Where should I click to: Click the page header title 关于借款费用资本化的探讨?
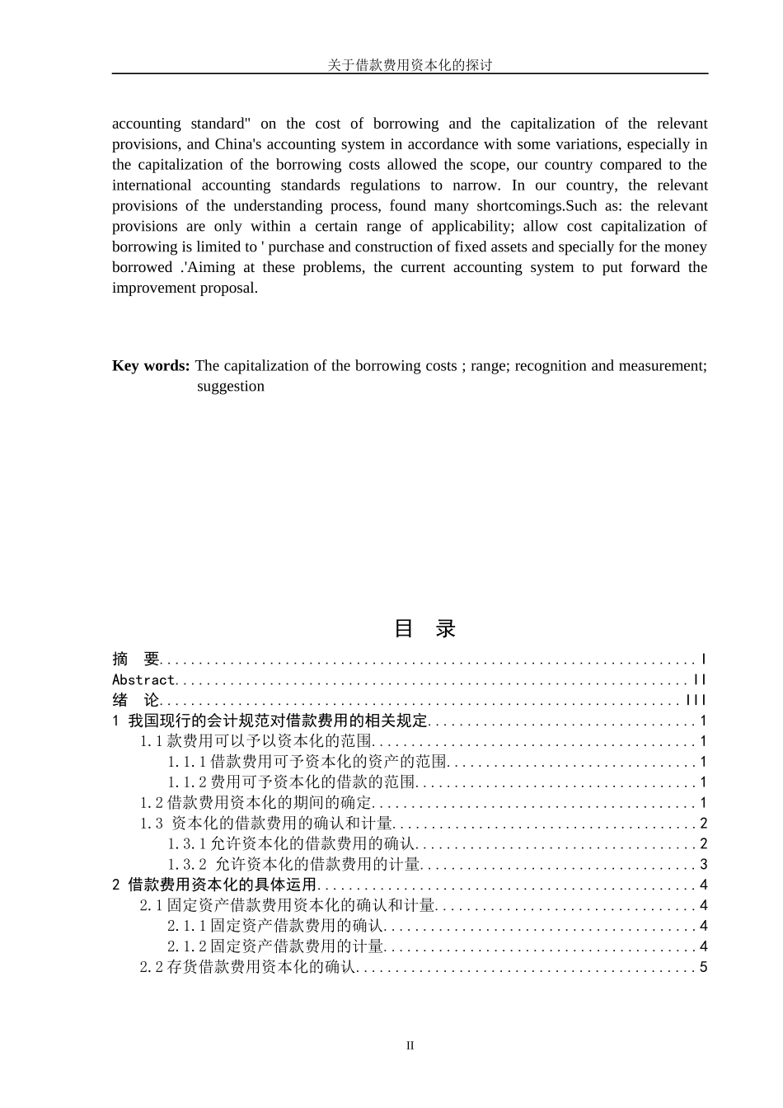click(410, 65)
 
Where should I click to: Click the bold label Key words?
click(151, 366)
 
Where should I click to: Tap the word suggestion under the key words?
click(231, 387)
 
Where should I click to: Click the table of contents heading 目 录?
click(424, 629)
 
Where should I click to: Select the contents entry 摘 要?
click(136, 660)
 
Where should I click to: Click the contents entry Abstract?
click(143, 680)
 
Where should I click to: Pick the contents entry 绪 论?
click(136, 701)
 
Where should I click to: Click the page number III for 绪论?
click(696, 701)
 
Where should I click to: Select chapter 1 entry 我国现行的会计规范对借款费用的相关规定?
click(270, 721)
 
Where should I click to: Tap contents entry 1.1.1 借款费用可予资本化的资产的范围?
click(307, 762)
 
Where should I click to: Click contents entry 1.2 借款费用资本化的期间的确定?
click(256, 803)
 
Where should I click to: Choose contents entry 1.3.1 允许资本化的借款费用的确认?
click(292, 843)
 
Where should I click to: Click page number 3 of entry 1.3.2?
click(704, 864)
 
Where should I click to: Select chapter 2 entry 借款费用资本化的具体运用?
click(214, 885)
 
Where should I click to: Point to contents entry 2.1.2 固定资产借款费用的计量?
click(276, 946)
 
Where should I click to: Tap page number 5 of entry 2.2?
click(704, 967)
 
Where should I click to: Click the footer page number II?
click(410, 1046)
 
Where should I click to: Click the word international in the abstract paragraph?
click(152, 185)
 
